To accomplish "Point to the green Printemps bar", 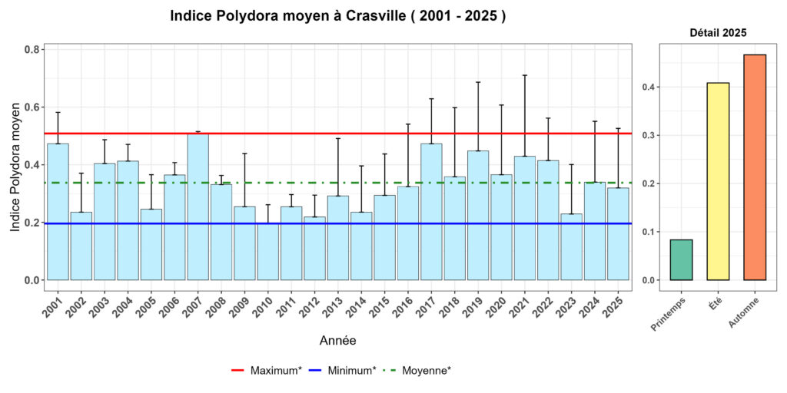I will pos(681,260).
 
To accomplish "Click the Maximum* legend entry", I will pos(266,370).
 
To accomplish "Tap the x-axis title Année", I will pos(337,339).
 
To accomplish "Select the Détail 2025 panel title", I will pos(717,33).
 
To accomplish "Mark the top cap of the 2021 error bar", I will pos(525,75).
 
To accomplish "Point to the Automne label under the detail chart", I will pos(743,311).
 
